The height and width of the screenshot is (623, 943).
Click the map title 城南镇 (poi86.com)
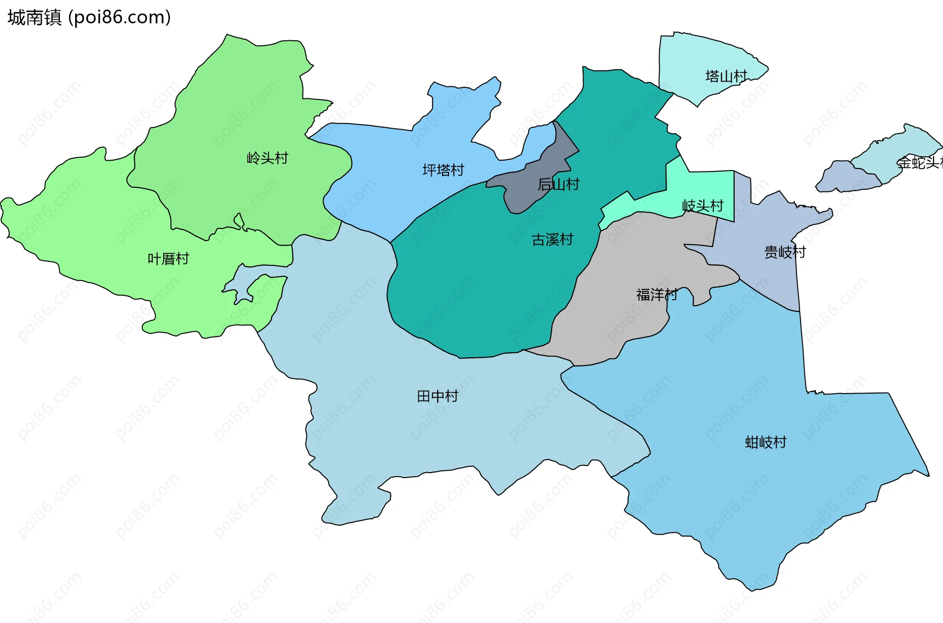[89, 17]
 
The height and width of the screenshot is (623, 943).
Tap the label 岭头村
[267, 158]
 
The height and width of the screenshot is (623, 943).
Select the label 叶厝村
[168, 259]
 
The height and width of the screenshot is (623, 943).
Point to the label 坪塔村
[443, 170]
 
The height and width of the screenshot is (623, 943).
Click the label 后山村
[558, 184]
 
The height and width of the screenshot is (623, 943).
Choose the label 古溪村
[552, 239]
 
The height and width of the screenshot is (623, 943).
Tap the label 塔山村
[726, 76]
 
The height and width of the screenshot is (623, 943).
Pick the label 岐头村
[703, 205]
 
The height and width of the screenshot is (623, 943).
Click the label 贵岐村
[785, 252]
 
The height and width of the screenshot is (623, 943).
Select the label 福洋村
[657, 294]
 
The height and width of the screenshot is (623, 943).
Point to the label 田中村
[437, 396]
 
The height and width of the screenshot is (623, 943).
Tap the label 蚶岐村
[765, 442]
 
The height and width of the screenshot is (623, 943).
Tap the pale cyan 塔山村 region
[697, 59]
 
